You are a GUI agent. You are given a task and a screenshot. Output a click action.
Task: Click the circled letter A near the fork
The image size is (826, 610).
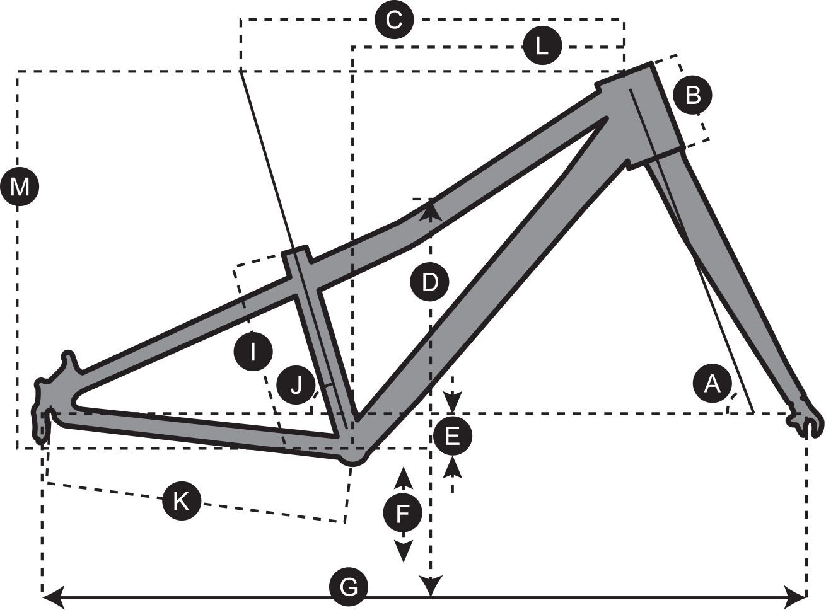tap(712, 383)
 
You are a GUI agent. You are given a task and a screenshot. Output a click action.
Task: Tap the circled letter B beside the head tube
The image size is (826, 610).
tap(692, 96)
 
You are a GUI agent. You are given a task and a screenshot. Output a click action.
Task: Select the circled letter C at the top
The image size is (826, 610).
tap(393, 20)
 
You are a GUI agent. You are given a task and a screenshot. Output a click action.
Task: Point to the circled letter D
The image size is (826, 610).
tap(429, 282)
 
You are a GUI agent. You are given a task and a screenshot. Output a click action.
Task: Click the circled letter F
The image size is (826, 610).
tap(403, 514)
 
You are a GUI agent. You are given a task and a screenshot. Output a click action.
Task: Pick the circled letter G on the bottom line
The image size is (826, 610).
tap(348, 588)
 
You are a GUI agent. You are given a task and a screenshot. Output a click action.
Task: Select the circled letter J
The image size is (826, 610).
tap(295, 384)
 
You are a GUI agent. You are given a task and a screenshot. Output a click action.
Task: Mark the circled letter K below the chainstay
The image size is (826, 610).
tap(181, 502)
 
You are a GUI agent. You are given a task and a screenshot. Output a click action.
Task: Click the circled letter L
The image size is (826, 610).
tap(542, 46)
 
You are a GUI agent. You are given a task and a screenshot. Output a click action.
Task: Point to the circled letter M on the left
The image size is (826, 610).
tap(20, 187)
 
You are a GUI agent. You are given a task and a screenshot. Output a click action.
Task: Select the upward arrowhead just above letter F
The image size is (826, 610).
tap(403, 478)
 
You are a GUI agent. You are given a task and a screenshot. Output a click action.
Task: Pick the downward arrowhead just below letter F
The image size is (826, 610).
tap(403, 553)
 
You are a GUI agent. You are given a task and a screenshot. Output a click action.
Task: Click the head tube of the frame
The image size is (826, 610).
tap(649, 113)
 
